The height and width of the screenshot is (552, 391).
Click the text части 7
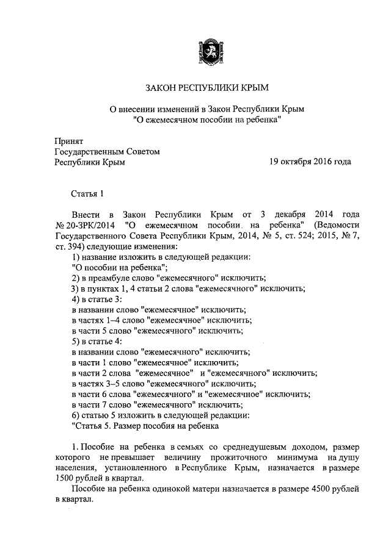pyautogui.click(x=97, y=404)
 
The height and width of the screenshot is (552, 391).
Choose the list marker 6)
pyautogui.click(x=76, y=415)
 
